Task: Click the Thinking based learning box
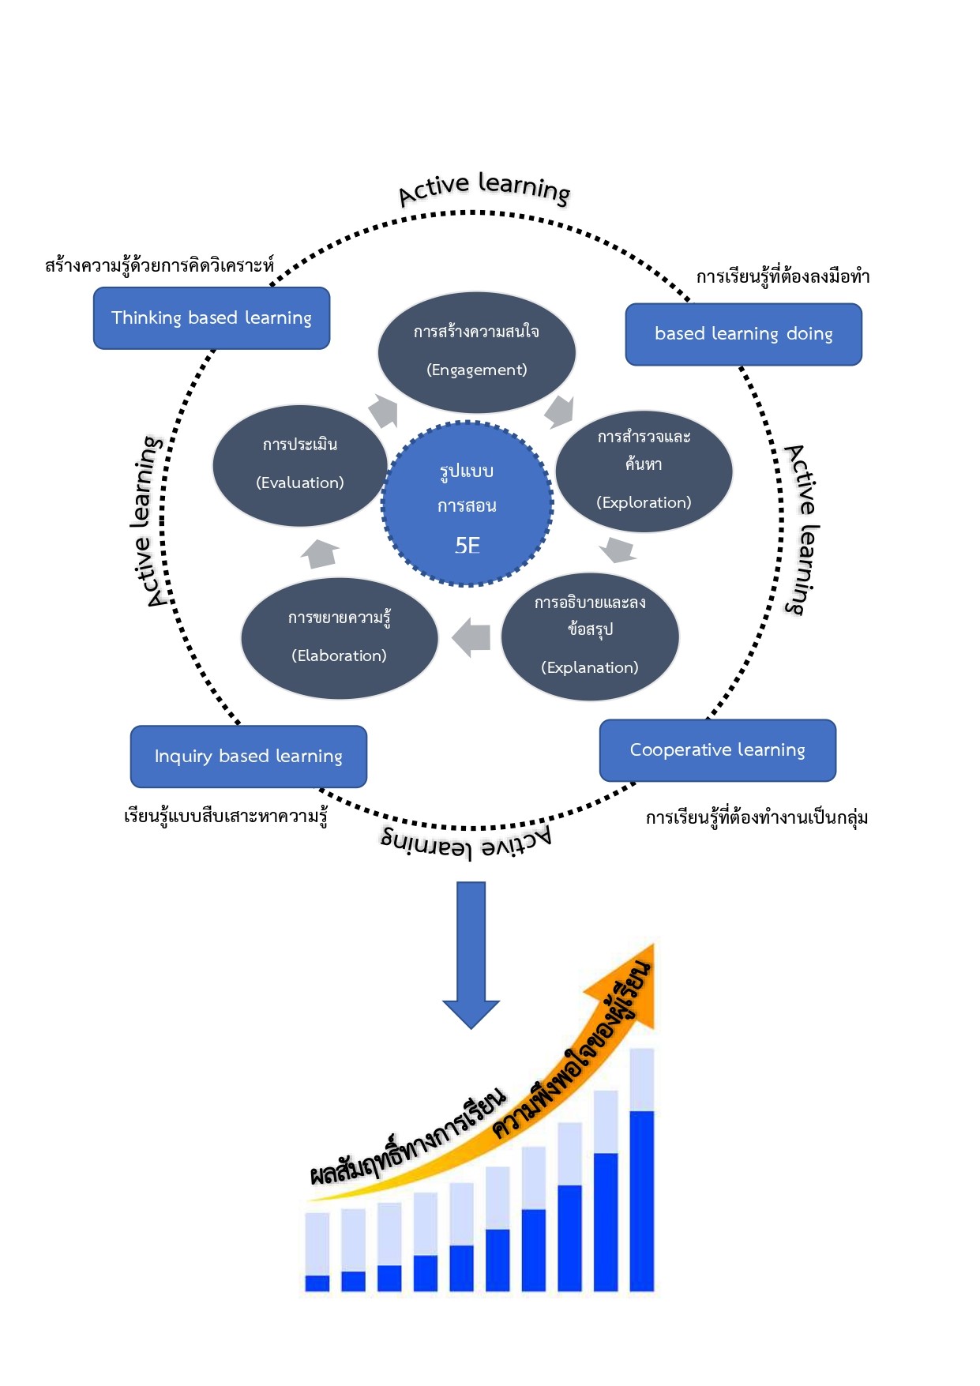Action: click(x=212, y=318)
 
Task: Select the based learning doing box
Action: click(x=743, y=334)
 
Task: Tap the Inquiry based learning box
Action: click(x=248, y=757)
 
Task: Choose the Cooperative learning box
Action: click(x=717, y=750)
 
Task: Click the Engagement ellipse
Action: click(x=476, y=352)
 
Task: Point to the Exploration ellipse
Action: click(x=644, y=471)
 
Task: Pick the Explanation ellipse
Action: click(x=590, y=637)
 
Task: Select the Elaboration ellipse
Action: click(x=339, y=638)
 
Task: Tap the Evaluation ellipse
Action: click(x=299, y=465)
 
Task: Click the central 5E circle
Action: click(x=467, y=505)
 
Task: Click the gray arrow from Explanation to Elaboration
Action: click(x=471, y=637)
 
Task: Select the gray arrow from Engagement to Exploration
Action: click(x=559, y=411)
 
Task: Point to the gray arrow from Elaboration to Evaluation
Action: click(x=320, y=553)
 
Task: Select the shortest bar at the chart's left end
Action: click(x=317, y=1253)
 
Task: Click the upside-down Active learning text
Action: click(x=466, y=843)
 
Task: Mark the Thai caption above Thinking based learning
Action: click(x=159, y=265)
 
